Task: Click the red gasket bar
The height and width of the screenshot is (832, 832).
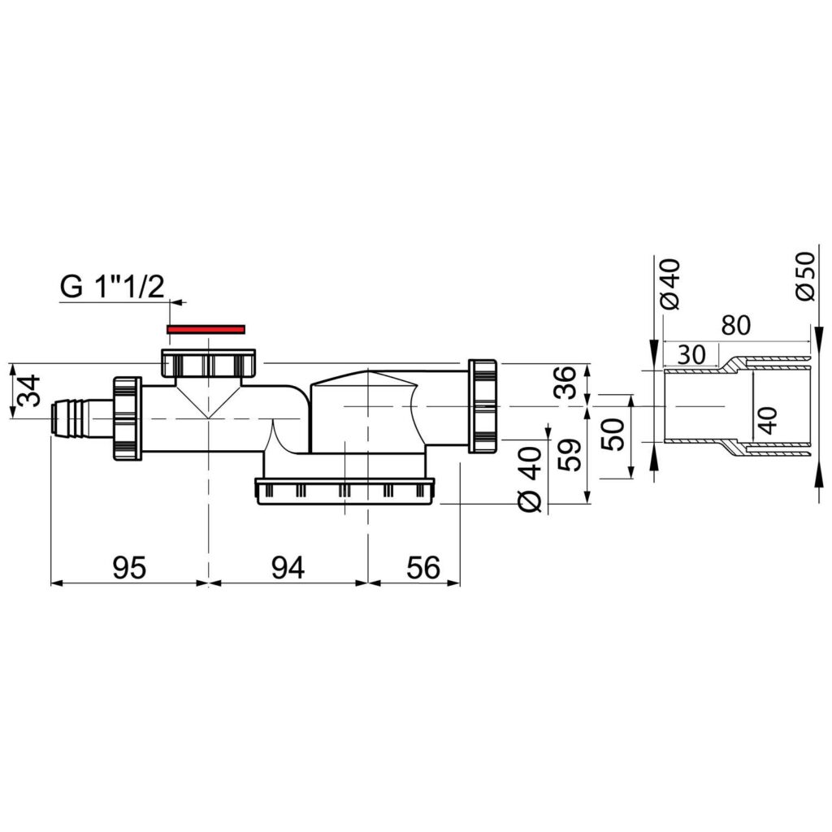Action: pos(206,329)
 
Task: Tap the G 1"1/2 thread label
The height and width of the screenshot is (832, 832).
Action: pos(112,287)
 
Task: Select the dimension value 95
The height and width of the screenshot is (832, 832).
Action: pos(129,568)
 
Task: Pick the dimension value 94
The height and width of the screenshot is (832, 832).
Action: pos(288,568)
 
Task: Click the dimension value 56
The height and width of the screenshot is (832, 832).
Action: pos(423,568)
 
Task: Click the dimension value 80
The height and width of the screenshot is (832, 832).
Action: pos(735,325)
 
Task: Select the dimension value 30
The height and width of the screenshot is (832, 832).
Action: pos(691,354)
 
